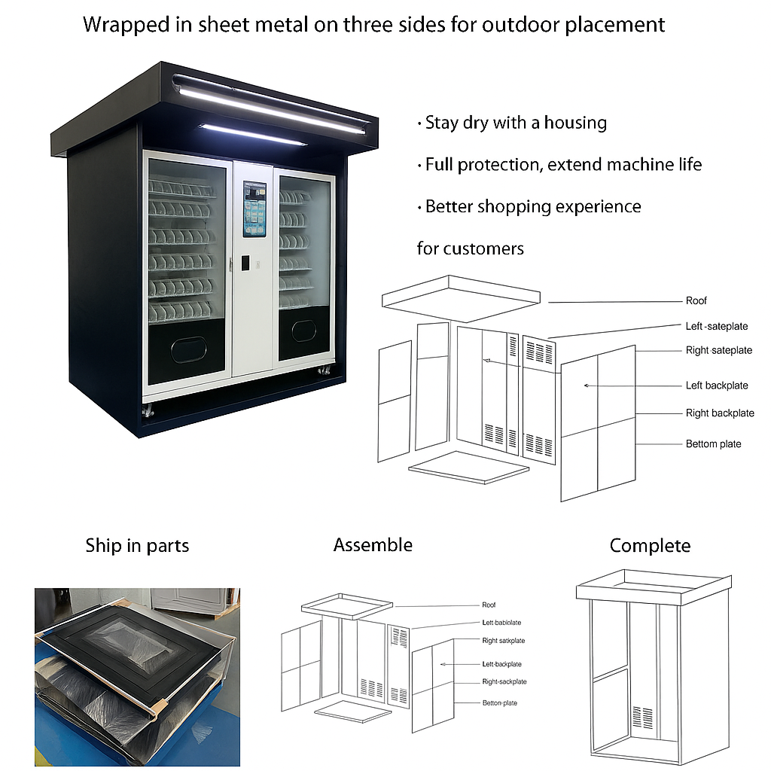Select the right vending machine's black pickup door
click(304, 331)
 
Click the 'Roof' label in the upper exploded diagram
click(696, 301)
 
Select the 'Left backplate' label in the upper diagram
click(716, 385)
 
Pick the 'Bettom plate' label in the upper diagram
click(713, 444)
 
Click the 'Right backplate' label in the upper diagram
click(719, 413)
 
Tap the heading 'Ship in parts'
click(137, 546)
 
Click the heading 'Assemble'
click(373, 545)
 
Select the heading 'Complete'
click(650, 546)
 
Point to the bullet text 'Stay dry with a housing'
click(515, 123)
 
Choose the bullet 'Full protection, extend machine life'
click(562, 164)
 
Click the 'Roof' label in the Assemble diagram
click(489, 605)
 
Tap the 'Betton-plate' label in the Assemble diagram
click(500, 703)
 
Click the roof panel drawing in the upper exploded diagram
click(460, 297)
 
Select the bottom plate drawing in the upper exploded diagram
click(468, 468)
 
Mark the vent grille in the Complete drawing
click(641, 715)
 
